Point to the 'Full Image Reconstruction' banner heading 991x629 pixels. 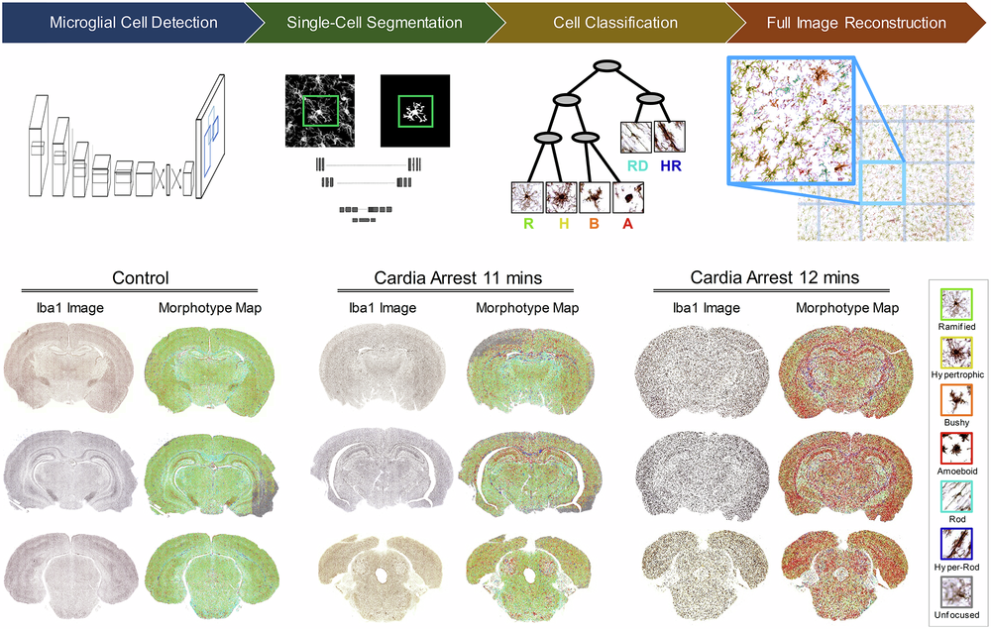click(x=856, y=22)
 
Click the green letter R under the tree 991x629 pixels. click(x=529, y=225)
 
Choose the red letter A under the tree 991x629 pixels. click(x=627, y=225)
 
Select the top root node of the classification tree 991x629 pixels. click(x=607, y=66)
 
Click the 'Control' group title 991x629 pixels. click(x=141, y=278)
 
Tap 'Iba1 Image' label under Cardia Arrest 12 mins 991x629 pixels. click(x=706, y=308)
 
